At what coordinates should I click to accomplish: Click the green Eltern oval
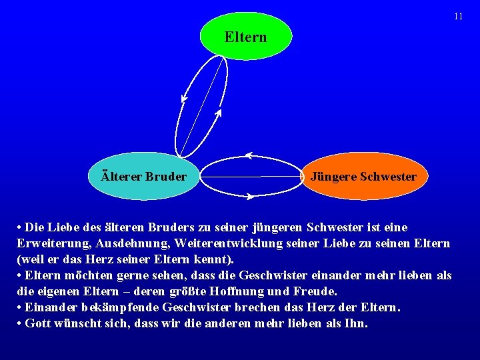pos(245,37)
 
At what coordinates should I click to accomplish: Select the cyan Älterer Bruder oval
pos(143,177)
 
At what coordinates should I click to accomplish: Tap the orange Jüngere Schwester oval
pos(363,177)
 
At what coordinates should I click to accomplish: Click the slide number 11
pos(458,16)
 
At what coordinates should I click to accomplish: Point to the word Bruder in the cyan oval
pos(165,177)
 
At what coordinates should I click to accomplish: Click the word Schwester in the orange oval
pos(388,177)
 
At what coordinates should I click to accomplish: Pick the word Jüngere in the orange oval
pos(333,177)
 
